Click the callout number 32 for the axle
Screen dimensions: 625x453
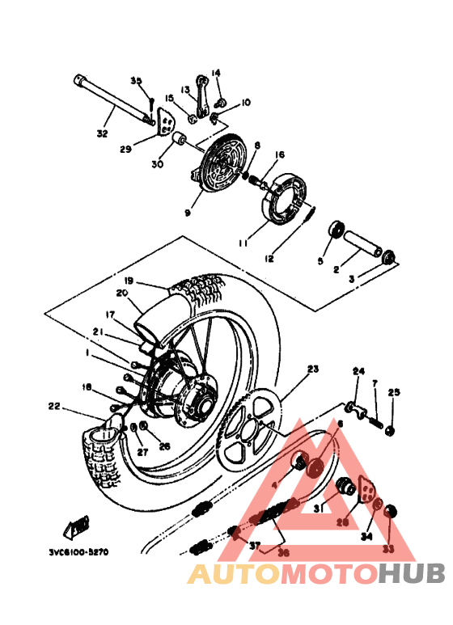click(x=102, y=133)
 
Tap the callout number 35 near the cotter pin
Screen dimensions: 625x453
click(x=137, y=81)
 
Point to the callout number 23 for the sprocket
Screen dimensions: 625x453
click(x=313, y=370)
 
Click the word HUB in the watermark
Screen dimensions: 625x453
click(x=412, y=573)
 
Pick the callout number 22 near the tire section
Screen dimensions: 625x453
click(x=54, y=407)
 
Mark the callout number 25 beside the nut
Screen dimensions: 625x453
click(x=394, y=392)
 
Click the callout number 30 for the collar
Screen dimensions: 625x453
click(x=157, y=164)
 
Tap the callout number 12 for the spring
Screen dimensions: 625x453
click(x=269, y=259)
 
